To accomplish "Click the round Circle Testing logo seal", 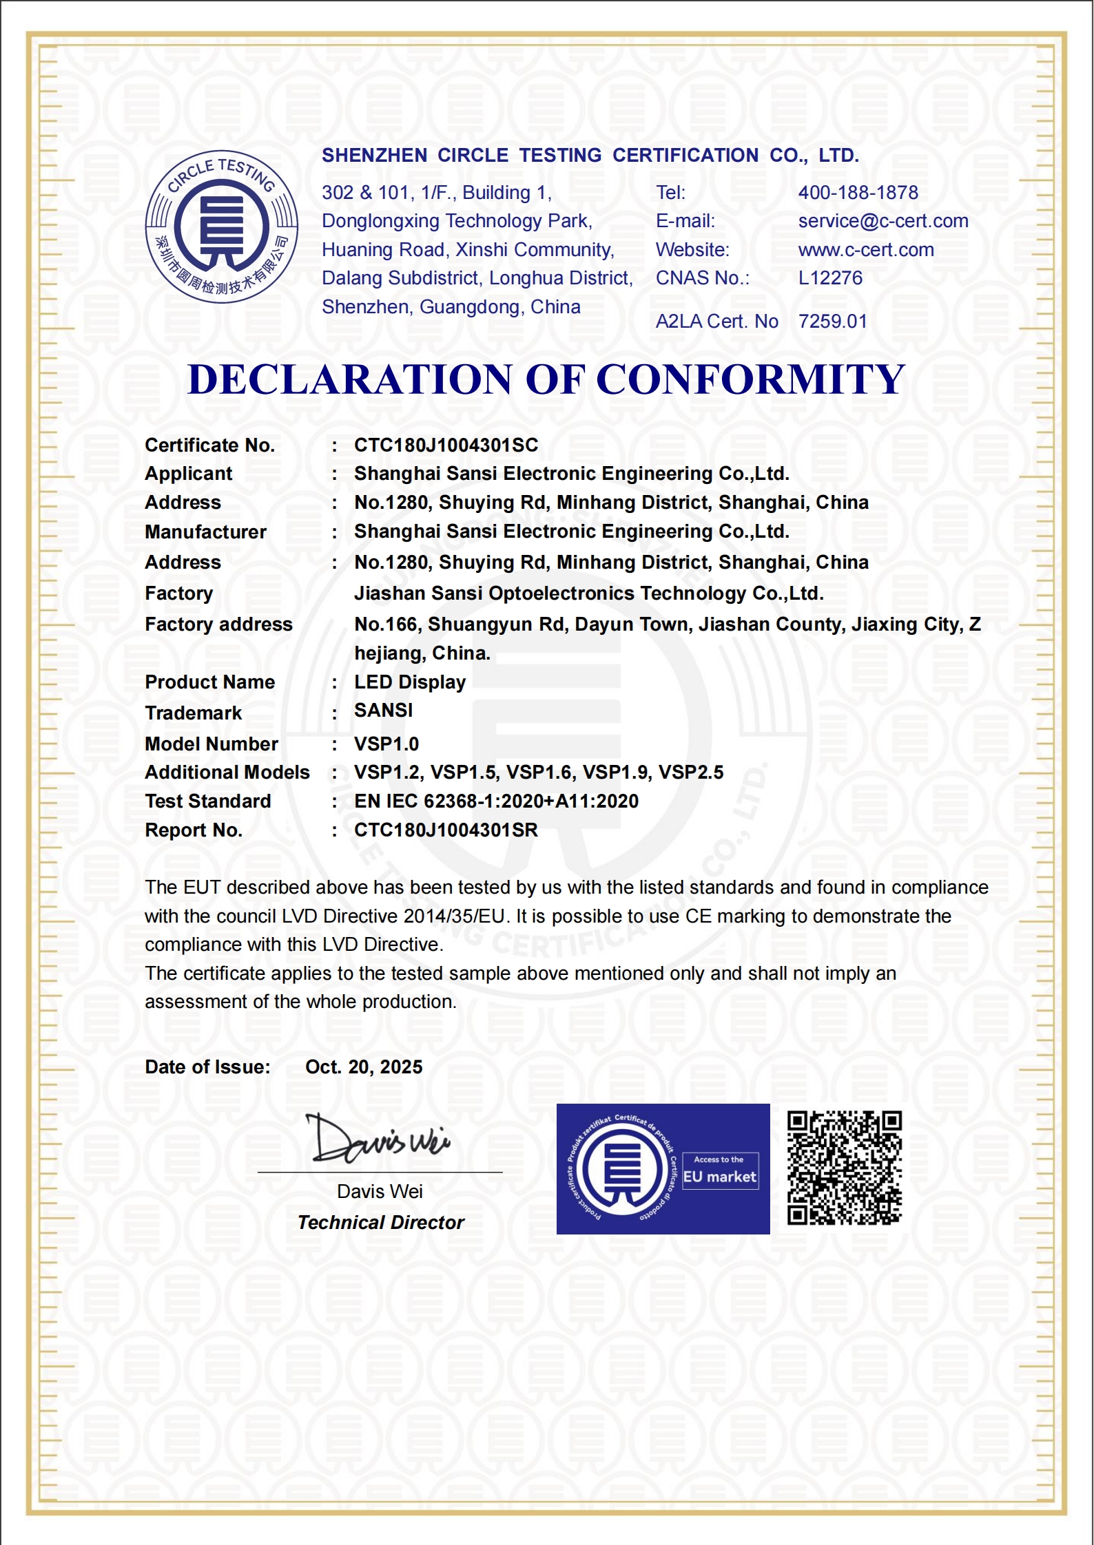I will (x=221, y=227).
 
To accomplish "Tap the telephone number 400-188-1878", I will (x=858, y=193).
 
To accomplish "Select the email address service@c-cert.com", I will (x=883, y=221).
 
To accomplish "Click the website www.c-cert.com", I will (x=866, y=250).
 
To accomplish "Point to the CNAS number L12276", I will (x=830, y=278).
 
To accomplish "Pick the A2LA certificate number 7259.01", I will (x=832, y=322).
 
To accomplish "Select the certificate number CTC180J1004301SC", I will (x=446, y=445).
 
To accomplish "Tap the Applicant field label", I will (x=188, y=474).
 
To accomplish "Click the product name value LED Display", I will (x=410, y=682).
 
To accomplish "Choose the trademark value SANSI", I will (x=383, y=711).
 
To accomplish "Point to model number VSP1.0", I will (x=386, y=744).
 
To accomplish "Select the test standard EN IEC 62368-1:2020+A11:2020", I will (x=496, y=801).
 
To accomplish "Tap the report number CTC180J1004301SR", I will (x=446, y=830).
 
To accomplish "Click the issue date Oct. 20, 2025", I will (x=364, y=1067).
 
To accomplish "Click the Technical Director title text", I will (x=380, y=1223).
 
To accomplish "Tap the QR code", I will (x=845, y=1168).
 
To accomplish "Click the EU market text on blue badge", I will (x=719, y=1177).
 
